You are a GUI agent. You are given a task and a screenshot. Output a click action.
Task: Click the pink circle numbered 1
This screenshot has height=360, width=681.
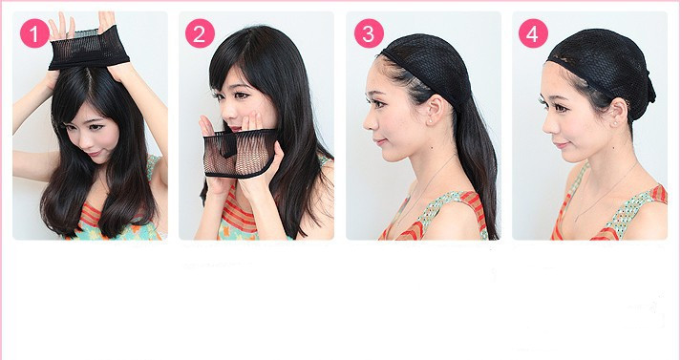pyautogui.click(x=34, y=33)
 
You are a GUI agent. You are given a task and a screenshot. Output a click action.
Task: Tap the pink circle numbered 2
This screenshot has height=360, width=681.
pyautogui.click(x=201, y=33)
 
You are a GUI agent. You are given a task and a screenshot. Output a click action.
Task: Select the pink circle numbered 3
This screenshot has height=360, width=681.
pyautogui.click(x=369, y=33)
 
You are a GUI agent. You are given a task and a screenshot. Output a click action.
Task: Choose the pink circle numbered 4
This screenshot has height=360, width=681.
pyautogui.click(x=533, y=33)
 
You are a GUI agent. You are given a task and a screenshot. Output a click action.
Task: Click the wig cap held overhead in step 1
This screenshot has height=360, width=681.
pyautogui.click(x=89, y=49)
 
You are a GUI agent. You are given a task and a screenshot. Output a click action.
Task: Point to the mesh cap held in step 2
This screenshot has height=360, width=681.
pyautogui.click(x=240, y=154)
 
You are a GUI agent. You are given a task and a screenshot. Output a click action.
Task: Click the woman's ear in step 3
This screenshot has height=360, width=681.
pyautogui.click(x=435, y=110)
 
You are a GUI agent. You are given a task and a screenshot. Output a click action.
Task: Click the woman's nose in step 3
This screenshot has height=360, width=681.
pyautogui.click(x=370, y=123)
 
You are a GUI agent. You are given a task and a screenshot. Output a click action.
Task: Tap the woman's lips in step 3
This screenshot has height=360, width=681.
pyautogui.click(x=378, y=141)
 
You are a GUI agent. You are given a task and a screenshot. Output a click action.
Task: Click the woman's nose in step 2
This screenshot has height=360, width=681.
pyautogui.click(x=226, y=114)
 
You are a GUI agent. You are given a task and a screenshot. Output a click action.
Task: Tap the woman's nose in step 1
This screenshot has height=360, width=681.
pyautogui.click(x=85, y=139)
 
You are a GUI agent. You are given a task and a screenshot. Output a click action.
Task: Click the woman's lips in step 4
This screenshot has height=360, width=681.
pyautogui.click(x=560, y=144)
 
